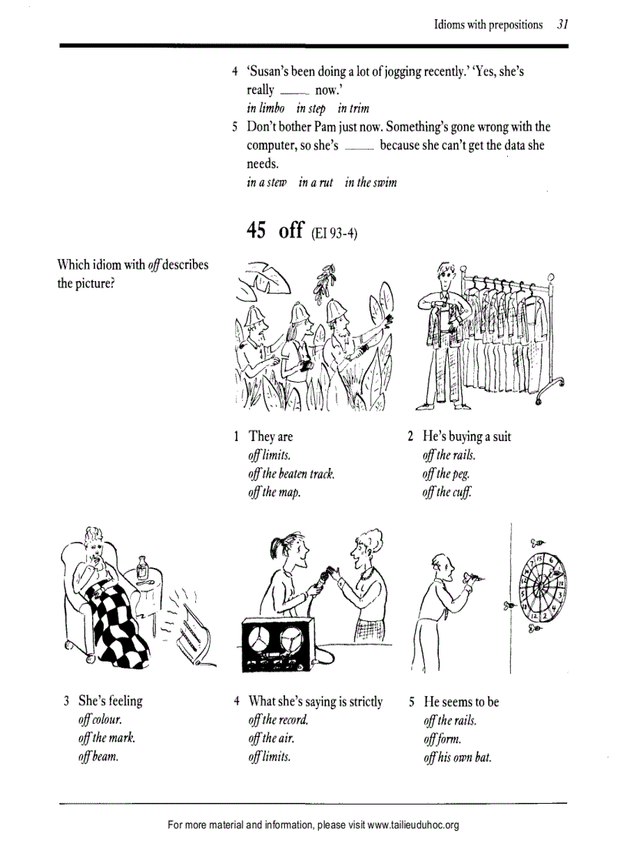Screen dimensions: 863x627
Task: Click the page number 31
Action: point(562,25)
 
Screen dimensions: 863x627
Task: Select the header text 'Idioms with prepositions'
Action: point(488,25)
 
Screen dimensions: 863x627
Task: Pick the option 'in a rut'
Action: point(316,183)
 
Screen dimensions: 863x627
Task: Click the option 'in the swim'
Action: point(371,183)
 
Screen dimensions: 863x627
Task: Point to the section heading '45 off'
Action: point(275,230)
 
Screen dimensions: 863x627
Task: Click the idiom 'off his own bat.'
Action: point(457,758)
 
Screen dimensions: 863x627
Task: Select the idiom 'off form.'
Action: point(442,739)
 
